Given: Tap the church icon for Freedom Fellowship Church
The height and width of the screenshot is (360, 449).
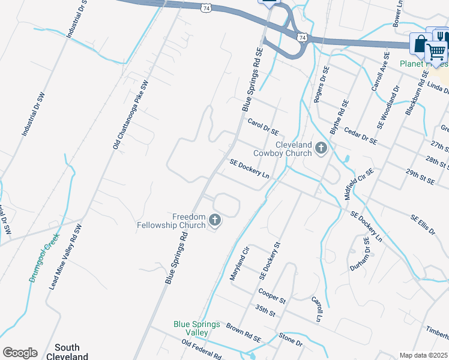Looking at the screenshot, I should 214,222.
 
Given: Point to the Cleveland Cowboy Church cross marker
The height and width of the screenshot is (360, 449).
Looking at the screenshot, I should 321,148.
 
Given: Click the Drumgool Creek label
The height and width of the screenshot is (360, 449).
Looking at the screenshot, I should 45,257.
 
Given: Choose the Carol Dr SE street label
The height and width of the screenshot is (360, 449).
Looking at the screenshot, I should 264,127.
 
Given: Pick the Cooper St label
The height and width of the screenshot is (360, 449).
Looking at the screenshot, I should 271,296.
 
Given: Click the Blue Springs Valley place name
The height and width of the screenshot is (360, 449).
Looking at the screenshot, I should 196,328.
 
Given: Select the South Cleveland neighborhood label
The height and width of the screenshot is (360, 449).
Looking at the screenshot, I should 71,352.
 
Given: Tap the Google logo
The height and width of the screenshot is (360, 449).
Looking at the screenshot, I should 20,353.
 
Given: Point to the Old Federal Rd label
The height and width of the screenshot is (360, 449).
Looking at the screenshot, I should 202,349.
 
